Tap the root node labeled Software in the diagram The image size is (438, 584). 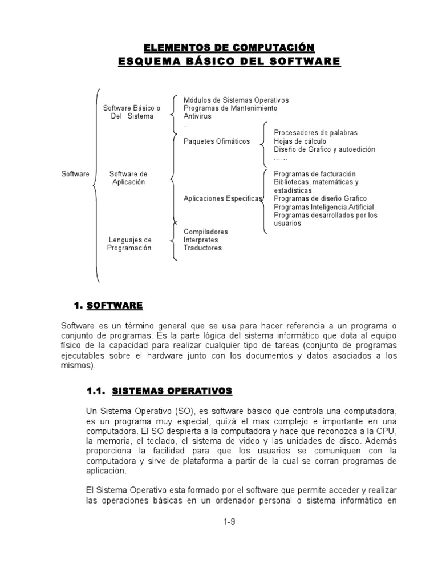pos(75,174)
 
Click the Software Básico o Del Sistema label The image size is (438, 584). pos(132,112)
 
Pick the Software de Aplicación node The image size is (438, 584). pos(128,178)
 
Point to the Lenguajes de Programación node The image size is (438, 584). pos(130,244)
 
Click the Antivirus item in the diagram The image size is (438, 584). pos(197,116)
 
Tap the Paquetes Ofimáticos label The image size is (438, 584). pos(217,141)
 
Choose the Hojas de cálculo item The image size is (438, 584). pos(300,141)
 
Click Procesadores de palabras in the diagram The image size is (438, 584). pos(315,132)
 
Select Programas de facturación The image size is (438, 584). pos(314,173)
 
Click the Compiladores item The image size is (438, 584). pos(205,232)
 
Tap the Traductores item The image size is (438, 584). pos(202,248)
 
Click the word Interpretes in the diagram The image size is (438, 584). pos(201,240)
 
